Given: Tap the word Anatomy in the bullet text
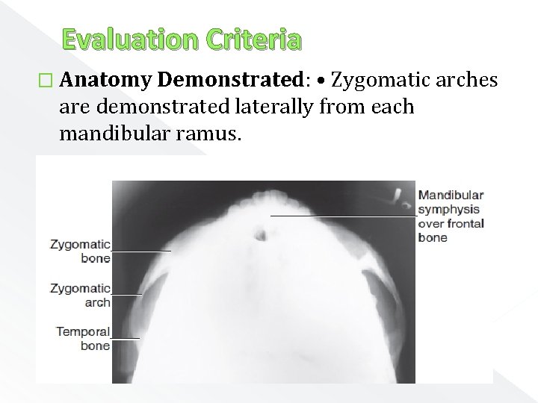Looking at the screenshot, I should coord(105,80).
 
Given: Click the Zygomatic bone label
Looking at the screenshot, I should coord(81,251).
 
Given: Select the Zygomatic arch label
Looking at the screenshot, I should coord(81,295).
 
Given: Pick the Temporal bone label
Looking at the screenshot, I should coord(83,338).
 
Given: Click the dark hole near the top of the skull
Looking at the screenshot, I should coord(260,234).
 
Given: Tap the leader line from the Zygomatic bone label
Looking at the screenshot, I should coord(141,251).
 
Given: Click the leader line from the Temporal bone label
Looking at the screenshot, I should coord(125,338).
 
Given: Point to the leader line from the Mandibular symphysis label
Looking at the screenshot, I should coord(344,215).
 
